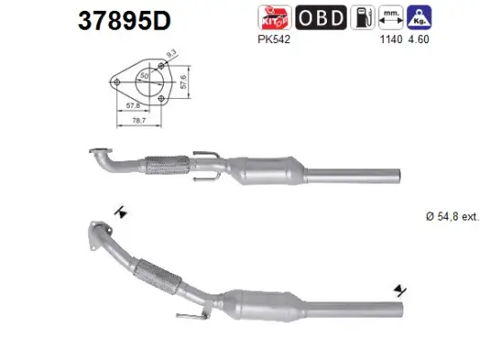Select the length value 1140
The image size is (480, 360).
[x=390, y=40]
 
